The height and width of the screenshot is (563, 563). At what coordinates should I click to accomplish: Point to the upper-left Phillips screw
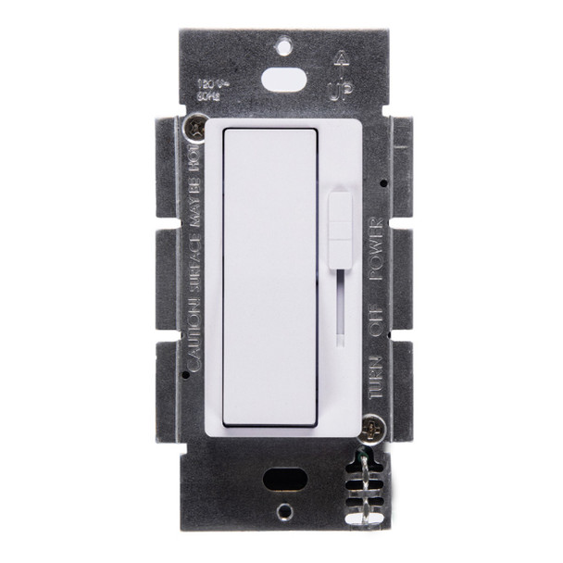(197, 125)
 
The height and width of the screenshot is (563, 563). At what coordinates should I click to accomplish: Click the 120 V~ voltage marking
(207, 81)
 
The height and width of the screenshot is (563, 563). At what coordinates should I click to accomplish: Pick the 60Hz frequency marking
(206, 93)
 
